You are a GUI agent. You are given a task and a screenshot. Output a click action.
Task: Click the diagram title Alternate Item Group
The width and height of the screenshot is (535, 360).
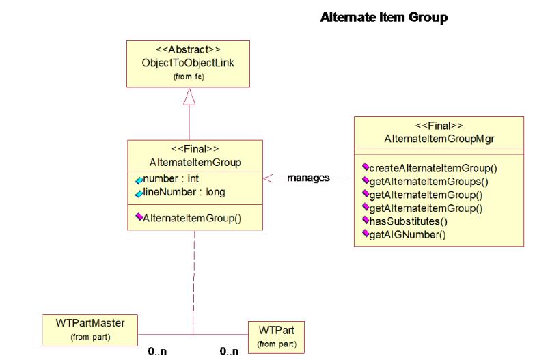pos(384,17)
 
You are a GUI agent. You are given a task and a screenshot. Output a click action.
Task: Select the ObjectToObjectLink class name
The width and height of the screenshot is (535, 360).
pos(188,63)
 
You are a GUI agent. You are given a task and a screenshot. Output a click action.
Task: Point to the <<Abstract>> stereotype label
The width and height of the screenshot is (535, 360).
pos(188,49)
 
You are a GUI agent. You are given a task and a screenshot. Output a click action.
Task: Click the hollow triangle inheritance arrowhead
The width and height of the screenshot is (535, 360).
pos(189,97)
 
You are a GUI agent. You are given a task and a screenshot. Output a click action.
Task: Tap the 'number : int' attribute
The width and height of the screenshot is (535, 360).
pos(171,178)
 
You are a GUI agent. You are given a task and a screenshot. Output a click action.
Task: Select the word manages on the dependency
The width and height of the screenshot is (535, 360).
pos(308,178)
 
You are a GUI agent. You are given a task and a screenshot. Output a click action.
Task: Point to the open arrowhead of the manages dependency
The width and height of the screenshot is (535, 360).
pos(268,178)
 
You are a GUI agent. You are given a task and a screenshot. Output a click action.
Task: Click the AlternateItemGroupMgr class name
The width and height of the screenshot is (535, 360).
pos(439,139)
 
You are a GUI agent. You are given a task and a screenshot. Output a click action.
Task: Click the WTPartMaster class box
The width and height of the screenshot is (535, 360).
pos(90,331)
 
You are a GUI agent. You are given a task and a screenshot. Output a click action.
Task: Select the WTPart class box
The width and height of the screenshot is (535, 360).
pos(276,337)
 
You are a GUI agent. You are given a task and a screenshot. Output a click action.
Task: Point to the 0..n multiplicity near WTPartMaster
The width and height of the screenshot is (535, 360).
pos(158,351)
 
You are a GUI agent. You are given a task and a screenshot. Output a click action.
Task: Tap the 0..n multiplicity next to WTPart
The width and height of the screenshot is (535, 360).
pos(230,351)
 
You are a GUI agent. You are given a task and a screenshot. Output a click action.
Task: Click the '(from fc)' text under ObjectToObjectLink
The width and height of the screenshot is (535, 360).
pos(189,77)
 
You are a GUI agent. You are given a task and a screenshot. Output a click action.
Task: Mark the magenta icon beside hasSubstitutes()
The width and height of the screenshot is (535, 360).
pos(366,220)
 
